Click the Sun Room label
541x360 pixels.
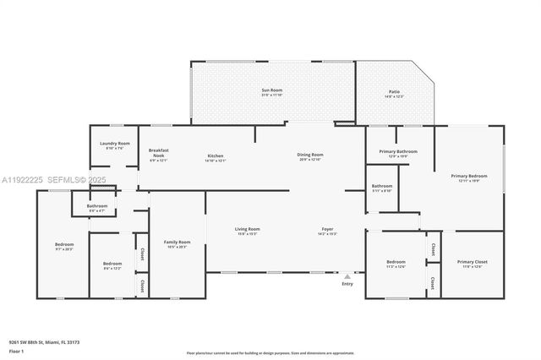pyautogui.click(x=270, y=90)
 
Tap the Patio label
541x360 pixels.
pyautogui.click(x=394, y=92)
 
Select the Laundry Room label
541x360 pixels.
pyautogui.click(x=114, y=144)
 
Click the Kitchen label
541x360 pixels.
pyautogui.click(x=216, y=155)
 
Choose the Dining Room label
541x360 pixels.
pyautogui.click(x=310, y=155)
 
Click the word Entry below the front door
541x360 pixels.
pyautogui.click(x=347, y=284)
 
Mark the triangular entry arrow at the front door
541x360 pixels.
pyautogui.click(x=347, y=275)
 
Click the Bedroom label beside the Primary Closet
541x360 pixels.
pyautogui.click(x=396, y=262)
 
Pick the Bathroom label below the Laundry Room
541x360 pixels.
pyautogui.click(x=96, y=206)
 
